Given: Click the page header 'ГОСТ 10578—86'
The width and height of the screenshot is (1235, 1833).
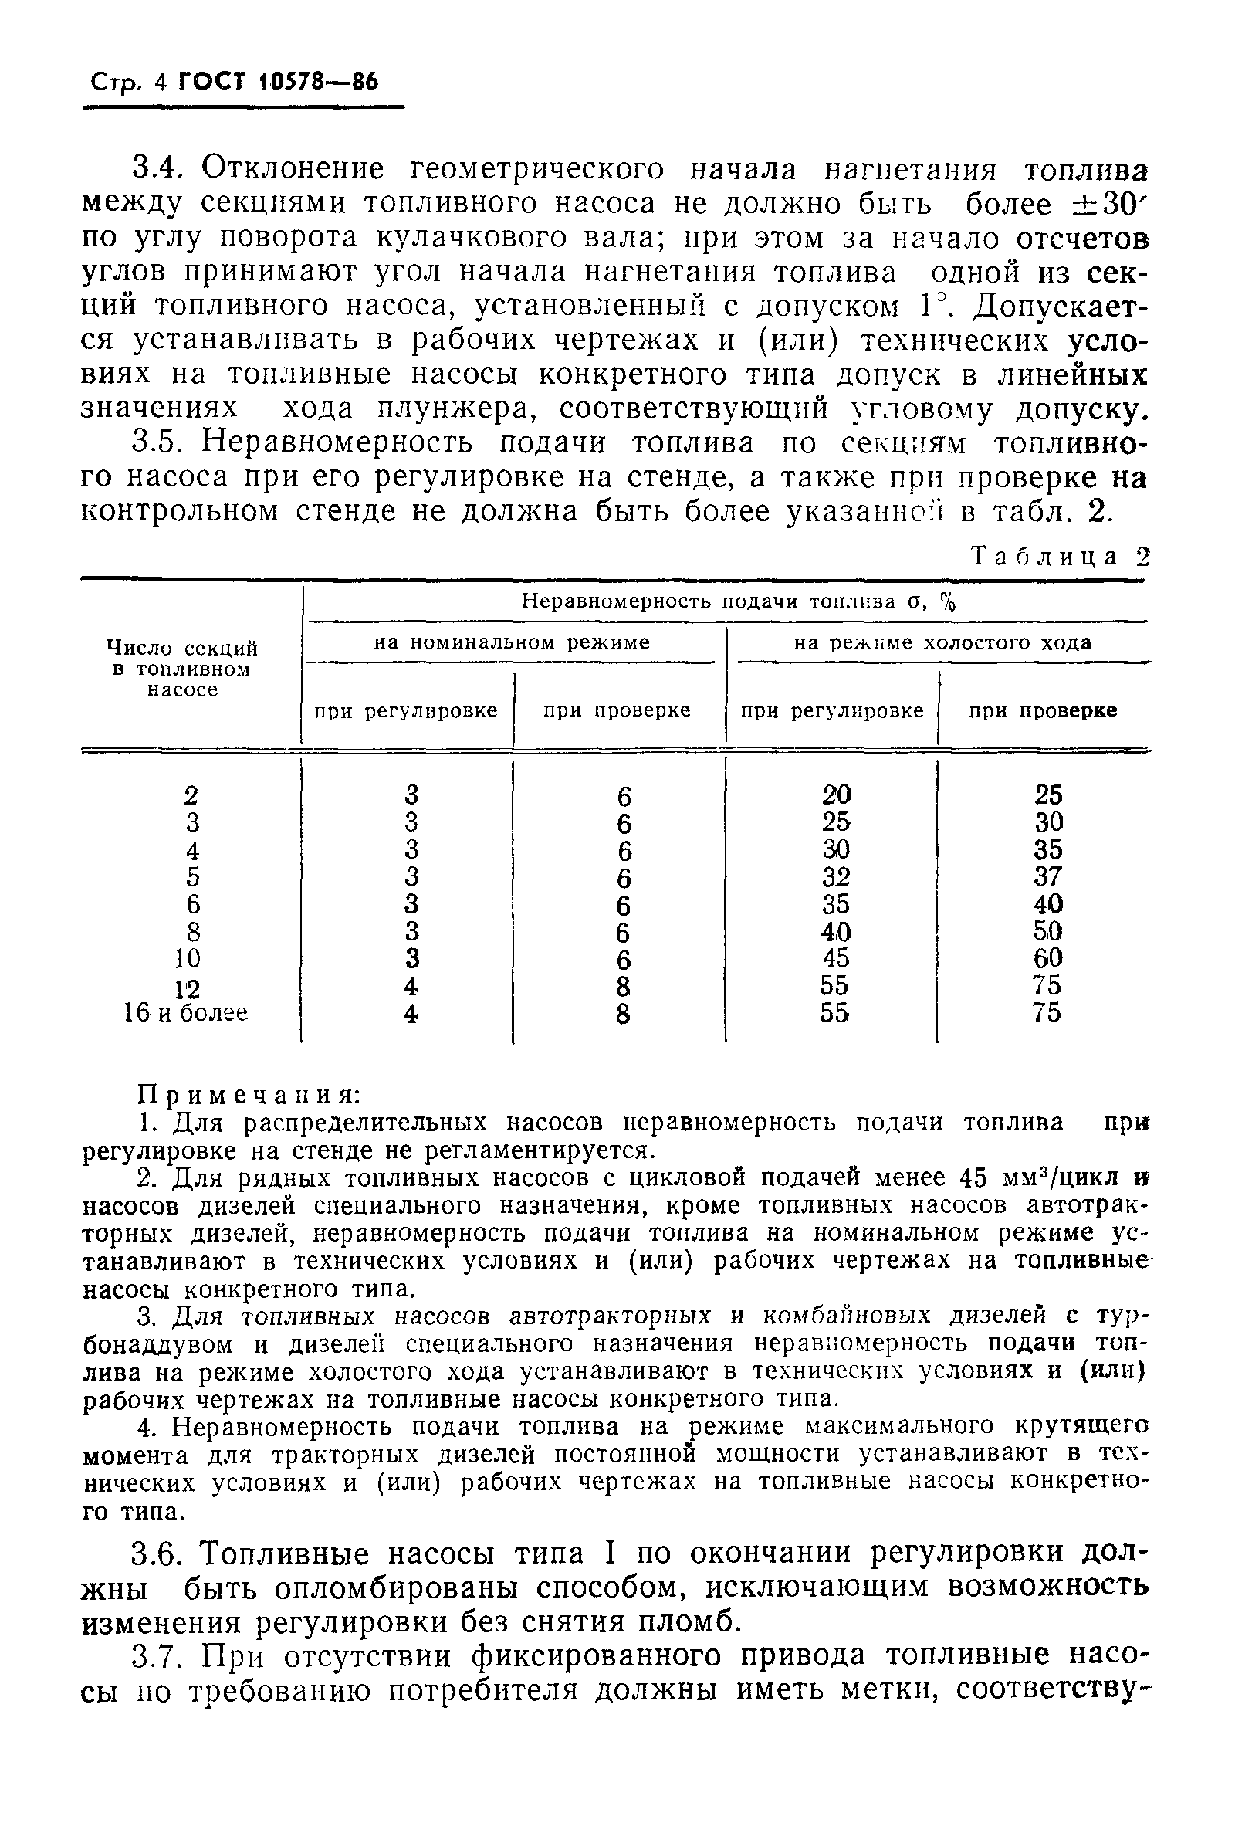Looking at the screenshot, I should pos(279,82).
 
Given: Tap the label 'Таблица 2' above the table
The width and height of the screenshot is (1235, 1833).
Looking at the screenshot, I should pos(1061,557).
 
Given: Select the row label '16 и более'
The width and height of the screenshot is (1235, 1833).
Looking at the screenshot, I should pos(186,1012).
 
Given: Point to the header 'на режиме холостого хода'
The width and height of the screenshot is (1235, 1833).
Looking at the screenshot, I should pos(942,642).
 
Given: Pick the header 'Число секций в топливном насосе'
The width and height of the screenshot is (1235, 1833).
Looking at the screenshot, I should pos(182,669).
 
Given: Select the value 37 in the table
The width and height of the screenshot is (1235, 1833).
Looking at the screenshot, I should pos(1047,876).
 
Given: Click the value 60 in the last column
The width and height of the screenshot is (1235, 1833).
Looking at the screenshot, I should pos(1047,959).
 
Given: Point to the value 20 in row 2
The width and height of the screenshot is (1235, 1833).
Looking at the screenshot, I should pos(836,794).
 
